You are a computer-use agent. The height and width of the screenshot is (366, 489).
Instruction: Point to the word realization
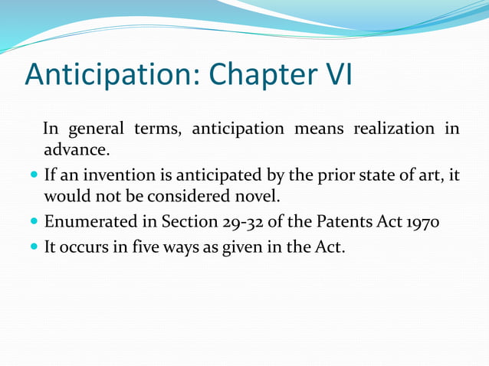(393, 128)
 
